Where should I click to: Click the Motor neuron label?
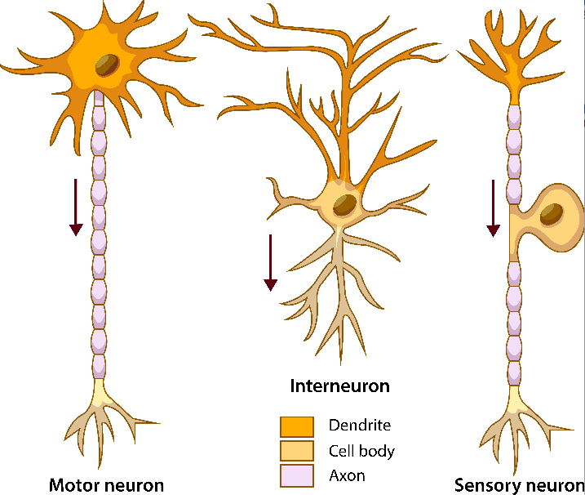tap(106, 485)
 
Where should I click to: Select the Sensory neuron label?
tap(519, 485)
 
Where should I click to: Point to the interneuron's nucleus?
tap(343, 205)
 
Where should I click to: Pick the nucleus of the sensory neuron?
tap(552, 214)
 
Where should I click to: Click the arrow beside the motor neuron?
tap(76, 207)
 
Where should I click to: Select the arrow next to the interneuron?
tap(270, 261)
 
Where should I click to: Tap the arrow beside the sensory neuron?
tap(493, 208)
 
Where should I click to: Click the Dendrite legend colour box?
tap(297, 426)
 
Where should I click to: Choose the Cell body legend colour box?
tap(297, 450)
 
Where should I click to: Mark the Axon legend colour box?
tap(297, 475)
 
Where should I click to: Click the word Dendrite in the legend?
tap(359, 426)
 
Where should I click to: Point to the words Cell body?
tap(361, 450)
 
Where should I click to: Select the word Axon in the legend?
tap(347, 475)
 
